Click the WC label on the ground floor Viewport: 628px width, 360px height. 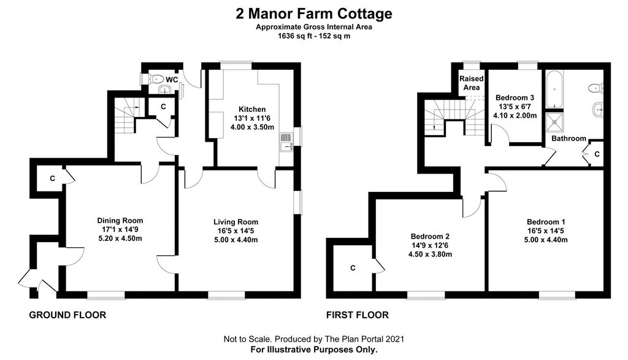tap(172, 80)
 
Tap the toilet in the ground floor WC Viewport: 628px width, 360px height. tap(156, 79)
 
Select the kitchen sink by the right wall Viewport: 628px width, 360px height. tap(286, 143)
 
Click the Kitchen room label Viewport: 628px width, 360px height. tap(252, 109)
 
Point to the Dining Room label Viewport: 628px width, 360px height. tap(120, 220)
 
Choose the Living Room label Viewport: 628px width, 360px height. tap(236, 222)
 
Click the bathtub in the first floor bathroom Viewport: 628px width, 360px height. tap(554, 90)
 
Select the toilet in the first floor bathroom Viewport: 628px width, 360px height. tap(596, 88)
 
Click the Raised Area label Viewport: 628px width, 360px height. tap(472, 83)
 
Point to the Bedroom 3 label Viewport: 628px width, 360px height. tap(515, 98)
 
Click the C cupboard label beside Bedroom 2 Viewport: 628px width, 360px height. tap(353, 268)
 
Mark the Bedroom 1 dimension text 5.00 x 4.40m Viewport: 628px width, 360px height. tap(546, 240)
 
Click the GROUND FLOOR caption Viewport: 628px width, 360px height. tap(67, 315)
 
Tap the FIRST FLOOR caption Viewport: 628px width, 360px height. tap(358, 315)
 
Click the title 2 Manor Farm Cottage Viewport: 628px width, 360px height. tap(314, 14)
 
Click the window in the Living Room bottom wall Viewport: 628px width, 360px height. tap(226, 295)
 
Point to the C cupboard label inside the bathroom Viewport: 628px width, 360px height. tap(597, 154)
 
